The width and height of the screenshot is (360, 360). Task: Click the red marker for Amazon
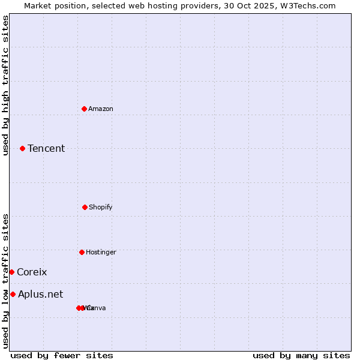pos(85,109)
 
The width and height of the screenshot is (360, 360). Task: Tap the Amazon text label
pos(101,109)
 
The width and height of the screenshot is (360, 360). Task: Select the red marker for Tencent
pos(23,148)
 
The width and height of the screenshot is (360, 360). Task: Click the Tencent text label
pos(46,148)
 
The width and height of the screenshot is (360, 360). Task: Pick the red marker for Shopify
pos(85,207)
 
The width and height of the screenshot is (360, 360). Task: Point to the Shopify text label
pos(101,207)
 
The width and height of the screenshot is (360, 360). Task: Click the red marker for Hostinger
pos(82,252)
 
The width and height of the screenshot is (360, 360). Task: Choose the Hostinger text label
pos(101,252)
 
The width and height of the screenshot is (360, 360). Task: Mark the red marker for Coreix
pos(11,272)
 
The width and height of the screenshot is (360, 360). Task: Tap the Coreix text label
pos(32,272)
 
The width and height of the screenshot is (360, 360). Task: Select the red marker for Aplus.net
pos(13,294)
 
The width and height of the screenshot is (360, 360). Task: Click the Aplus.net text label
pos(40,294)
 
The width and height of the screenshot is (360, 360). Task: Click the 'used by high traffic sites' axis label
pos(6,85)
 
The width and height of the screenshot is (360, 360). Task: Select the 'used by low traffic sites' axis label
pos(6,280)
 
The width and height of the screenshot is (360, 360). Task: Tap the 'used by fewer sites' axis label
pos(62,355)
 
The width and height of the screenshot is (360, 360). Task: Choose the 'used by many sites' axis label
pos(301,355)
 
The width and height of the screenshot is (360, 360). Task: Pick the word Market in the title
pos(38,5)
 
